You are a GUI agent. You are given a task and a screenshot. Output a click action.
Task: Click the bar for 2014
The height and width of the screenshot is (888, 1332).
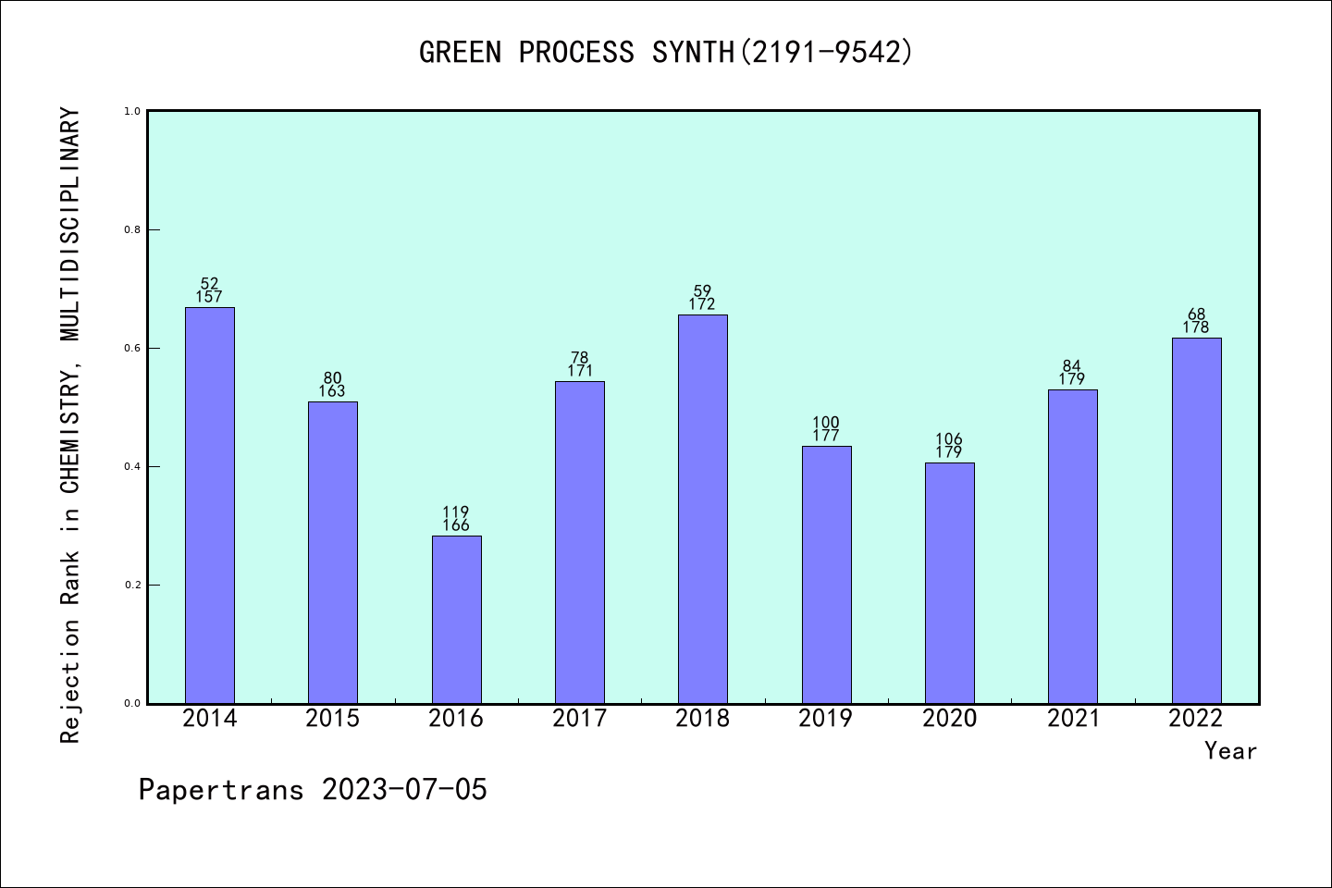(x=209, y=505)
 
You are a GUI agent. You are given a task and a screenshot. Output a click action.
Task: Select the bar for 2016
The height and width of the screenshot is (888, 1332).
(x=456, y=619)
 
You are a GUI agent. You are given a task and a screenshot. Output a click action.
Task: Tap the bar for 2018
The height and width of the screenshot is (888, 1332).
(x=703, y=509)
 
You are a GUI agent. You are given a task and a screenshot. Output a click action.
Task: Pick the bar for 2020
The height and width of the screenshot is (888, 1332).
(x=949, y=583)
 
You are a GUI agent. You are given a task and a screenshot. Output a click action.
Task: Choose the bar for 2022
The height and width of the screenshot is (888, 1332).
(x=1196, y=520)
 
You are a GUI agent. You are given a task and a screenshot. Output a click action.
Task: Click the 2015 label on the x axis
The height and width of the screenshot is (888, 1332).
(x=332, y=719)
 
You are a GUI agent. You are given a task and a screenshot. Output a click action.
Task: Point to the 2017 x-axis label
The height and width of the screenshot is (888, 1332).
(x=579, y=719)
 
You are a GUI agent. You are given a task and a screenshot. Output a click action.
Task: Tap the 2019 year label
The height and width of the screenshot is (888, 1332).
(x=826, y=719)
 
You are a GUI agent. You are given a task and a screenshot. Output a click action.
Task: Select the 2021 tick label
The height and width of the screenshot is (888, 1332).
(x=1073, y=719)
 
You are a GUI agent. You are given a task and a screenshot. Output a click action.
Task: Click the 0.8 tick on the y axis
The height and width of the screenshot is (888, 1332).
(x=132, y=230)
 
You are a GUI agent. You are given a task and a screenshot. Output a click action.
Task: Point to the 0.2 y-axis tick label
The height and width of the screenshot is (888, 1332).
(x=132, y=586)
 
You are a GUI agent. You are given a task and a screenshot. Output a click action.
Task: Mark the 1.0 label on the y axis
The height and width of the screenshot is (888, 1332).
(x=132, y=112)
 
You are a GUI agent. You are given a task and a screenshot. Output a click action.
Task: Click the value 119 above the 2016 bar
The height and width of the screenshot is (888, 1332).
(x=456, y=512)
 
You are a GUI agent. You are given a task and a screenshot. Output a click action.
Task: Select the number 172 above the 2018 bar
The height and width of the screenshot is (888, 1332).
(x=703, y=304)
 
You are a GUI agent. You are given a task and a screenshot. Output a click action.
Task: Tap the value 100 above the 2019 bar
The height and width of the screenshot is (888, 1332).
(x=826, y=424)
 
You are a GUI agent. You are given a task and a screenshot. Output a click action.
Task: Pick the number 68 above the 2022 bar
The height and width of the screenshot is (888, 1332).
(x=1196, y=314)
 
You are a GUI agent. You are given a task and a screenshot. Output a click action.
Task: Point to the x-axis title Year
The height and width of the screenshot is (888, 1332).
(x=1230, y=751)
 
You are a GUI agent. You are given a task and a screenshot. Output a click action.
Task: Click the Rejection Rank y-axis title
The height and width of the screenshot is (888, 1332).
(x=70, y=425)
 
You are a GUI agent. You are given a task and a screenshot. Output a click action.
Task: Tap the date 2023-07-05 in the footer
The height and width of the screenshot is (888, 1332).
(x=404, y=790)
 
